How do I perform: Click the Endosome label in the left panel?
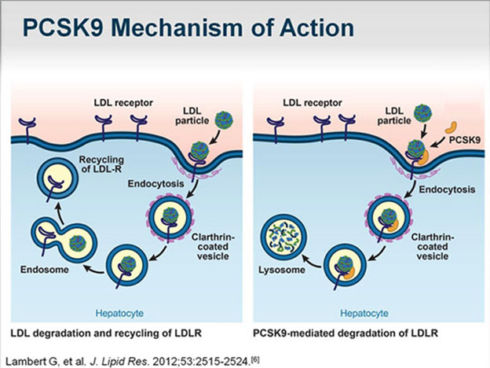pos(44,268)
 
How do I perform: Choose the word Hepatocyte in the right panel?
pos(367,311)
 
